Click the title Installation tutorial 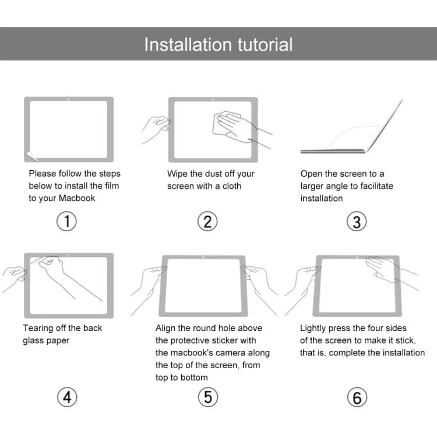tap(218, 44)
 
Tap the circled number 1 tap(68, 221)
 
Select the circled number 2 tap(208, 221)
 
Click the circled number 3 tap(357, 221)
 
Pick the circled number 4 tap(68, 397)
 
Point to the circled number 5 tap(208, 397)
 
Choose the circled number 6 tap(357, 397)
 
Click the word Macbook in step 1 tap(77, 198)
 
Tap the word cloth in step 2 tap(230, 186)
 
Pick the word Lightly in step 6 tap(314, 328)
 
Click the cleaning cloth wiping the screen tap(225, 121)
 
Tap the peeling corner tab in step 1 tap(32, 155)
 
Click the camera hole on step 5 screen tap(203, 257)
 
